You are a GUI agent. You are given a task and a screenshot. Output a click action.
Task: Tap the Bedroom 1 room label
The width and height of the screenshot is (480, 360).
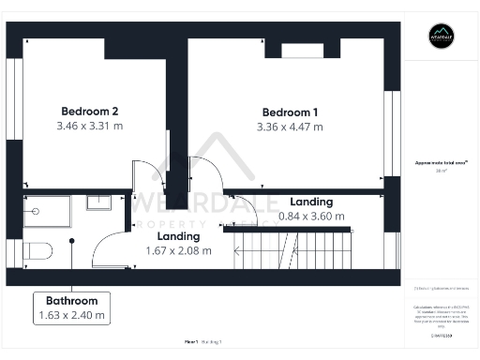(x=290, y=112)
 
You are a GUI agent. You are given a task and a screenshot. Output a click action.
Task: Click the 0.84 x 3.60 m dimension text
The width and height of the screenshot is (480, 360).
(x=311, y=217)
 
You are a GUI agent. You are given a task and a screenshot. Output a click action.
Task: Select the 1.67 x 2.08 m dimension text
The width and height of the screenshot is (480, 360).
(x=178, y=250)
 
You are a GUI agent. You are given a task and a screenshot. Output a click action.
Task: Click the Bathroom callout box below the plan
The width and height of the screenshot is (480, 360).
(x=72, y=308)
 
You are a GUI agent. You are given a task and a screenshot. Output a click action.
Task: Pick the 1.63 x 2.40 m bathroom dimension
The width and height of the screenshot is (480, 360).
(x=72, y=317)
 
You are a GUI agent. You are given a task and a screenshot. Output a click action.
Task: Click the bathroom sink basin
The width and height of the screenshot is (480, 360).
(x=99, y=202)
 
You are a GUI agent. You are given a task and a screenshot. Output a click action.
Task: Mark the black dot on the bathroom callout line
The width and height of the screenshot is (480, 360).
(x=71, y=243)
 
